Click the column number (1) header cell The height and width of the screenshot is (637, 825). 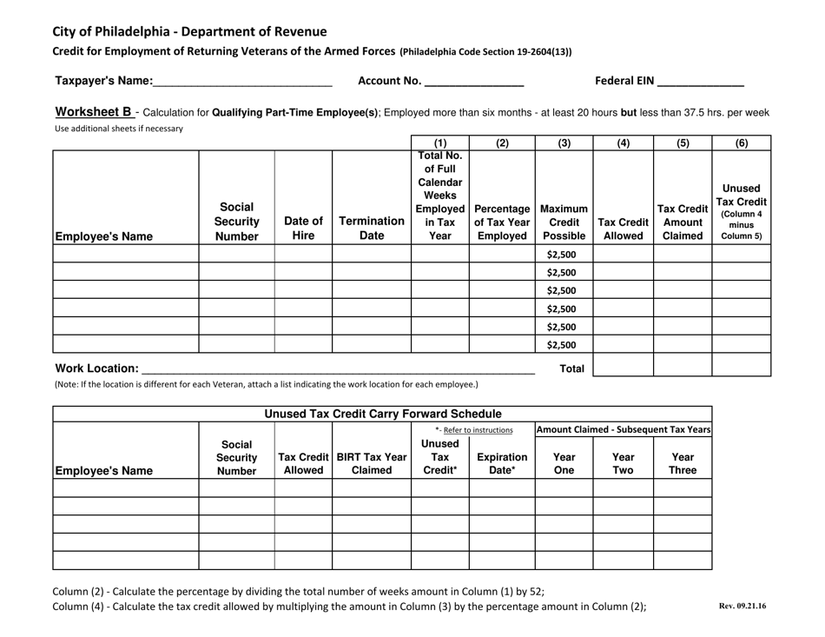[x=440, y=143]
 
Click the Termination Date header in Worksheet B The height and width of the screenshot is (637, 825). [x=371, y=229]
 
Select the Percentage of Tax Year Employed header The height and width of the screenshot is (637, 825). [x=501, y=229]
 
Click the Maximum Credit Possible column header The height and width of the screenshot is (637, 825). [x=564, y=229]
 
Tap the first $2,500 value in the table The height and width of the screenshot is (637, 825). [x=563, y=255]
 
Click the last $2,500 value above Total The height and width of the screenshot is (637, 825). [x=563, y=344]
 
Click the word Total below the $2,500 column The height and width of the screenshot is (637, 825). [x=571, y=368]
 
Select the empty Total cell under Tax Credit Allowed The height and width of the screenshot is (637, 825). [x=623, y=365]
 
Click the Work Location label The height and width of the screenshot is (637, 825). [x=96, y=369]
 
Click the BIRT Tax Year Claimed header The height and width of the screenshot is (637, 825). [x=371, y=463]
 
